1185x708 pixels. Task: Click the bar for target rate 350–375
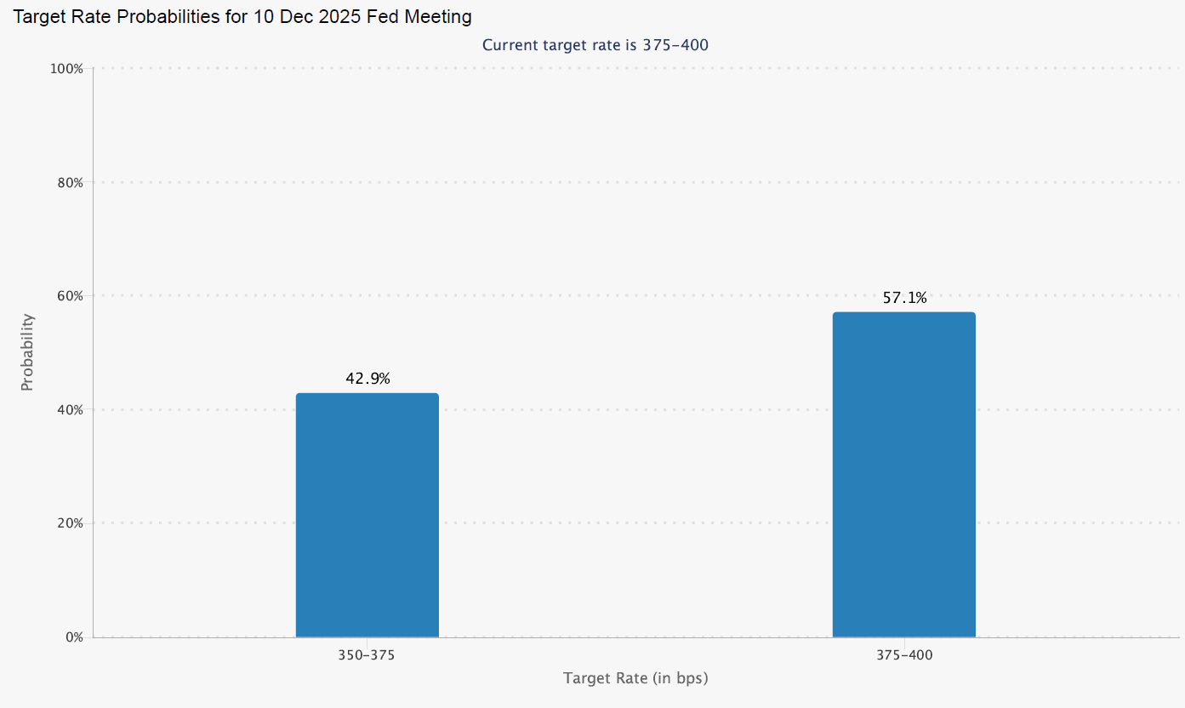(x=367, y=515)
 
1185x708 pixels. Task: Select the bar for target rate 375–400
(x=903, y=474)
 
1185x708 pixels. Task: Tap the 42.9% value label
(x=367, y=379)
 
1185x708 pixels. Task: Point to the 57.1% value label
(x=904, y=298)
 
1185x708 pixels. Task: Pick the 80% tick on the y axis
(x=67, y=182)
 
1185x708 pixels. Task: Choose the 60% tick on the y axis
(x=67, y=296)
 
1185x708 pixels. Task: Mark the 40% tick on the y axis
(x=67, y=409)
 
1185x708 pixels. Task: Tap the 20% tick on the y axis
(x=67, y=523)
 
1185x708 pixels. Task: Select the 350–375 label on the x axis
(x=367, y=656)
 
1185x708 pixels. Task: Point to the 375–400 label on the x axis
(x=904, y=656)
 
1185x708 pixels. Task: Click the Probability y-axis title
(x=27, y=352)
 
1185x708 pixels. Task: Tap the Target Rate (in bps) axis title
(x=635, y=678)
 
